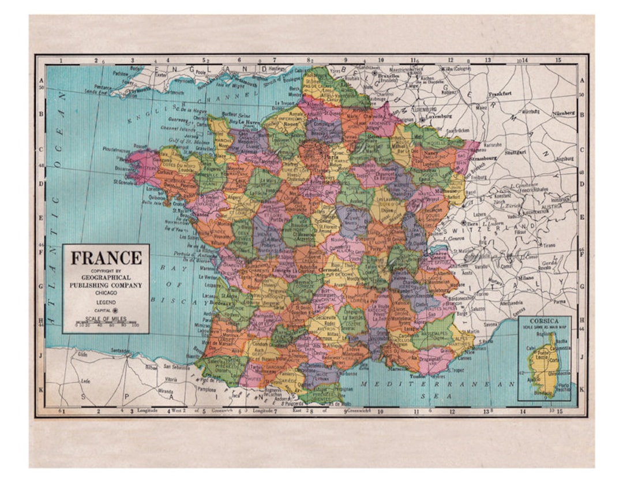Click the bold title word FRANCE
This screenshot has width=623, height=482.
[106, 258]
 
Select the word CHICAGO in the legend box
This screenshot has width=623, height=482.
[106, 293]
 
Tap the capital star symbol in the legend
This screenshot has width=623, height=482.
[114, 311]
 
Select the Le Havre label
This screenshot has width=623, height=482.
[250, 122]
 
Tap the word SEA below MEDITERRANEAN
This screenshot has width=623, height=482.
[445, 396]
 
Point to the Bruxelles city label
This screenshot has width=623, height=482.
[389, 75]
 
